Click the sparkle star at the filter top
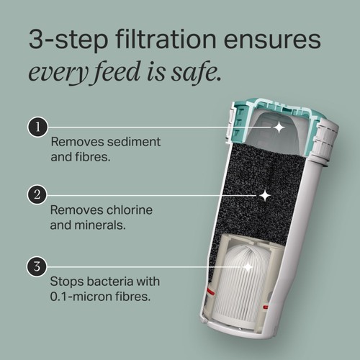click(279, 127)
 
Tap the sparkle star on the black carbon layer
click(265, 196)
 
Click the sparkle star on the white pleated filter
click(247, 267)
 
